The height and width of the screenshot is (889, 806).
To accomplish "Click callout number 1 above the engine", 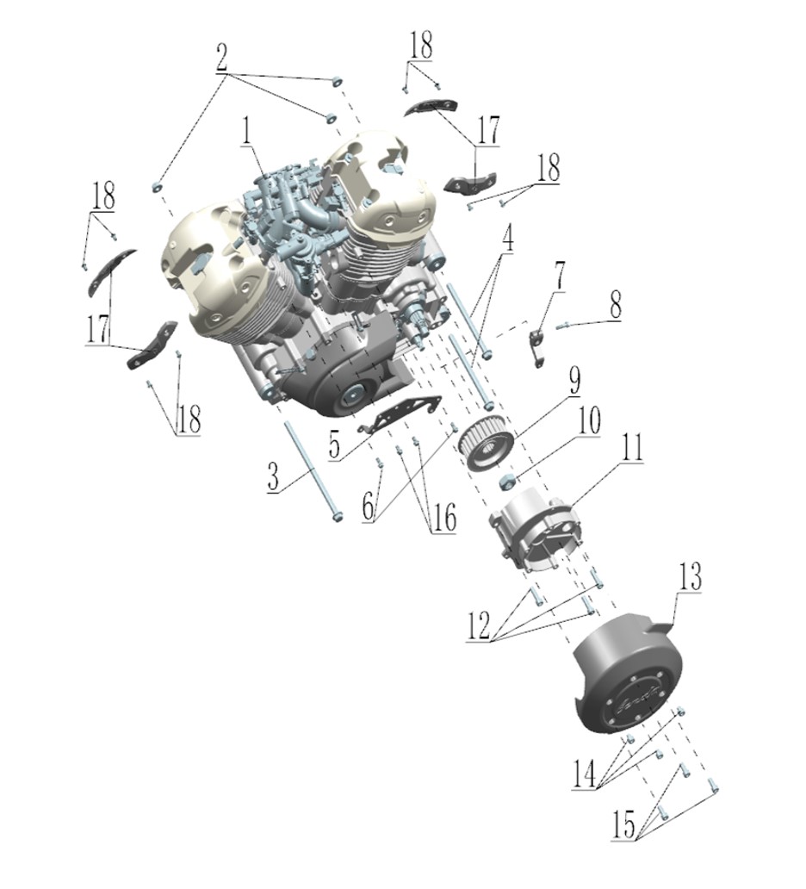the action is click(246, 131).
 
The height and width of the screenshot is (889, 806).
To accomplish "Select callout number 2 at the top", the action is click(221, 57).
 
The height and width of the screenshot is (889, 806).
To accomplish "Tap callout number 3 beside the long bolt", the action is click(273, 477).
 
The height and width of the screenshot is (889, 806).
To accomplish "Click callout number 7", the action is click(560, 277).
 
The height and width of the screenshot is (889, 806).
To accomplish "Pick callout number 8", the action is click(615, 305).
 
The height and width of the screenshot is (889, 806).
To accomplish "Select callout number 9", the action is click(574, 381).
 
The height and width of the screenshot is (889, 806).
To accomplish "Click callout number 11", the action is click(633, 448).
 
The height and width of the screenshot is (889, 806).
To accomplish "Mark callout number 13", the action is click(688, 577).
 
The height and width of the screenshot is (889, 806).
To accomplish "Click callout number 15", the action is click(624, 825).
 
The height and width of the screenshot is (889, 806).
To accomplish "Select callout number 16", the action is click(443, 519).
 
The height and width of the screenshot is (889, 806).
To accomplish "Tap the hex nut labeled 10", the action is click(506, 482).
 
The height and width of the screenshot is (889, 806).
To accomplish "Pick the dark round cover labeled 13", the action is click(624, 671).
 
